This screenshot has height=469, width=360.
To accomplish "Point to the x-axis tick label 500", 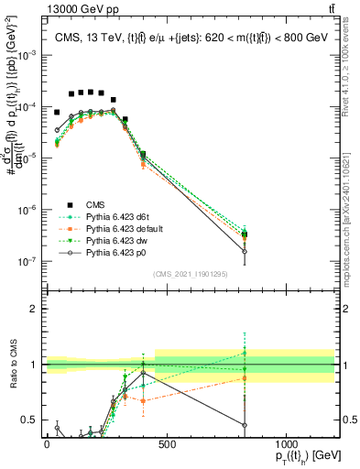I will [x=167, y=444].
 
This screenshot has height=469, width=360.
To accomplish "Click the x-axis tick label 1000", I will [x=286, y=444].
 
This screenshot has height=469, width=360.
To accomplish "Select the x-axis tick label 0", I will [x=47, y=444].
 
